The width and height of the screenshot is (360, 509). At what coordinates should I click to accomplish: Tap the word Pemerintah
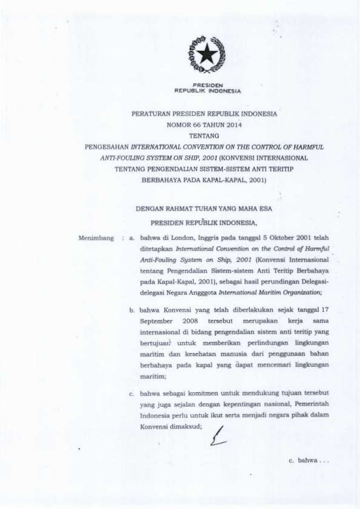coord(312,403)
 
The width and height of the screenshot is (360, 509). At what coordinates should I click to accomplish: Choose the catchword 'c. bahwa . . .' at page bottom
coord(309,461)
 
